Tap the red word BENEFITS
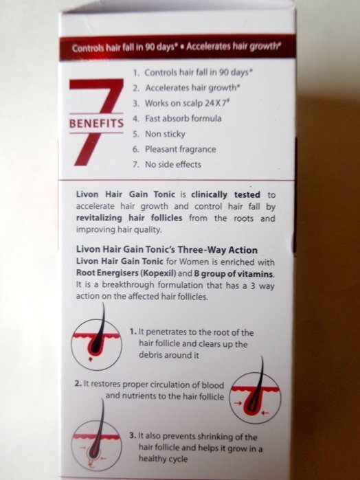(96, 124)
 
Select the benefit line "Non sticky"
(165, 134)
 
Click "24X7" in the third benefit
(216, 103)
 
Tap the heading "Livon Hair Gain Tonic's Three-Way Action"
(167, 249)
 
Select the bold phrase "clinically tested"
(225, 195)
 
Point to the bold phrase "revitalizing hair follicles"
(129, 218)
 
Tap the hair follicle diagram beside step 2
(255, 393)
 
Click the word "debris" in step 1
(150, 355)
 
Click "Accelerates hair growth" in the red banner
(233, 47)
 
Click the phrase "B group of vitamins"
(234, 273)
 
